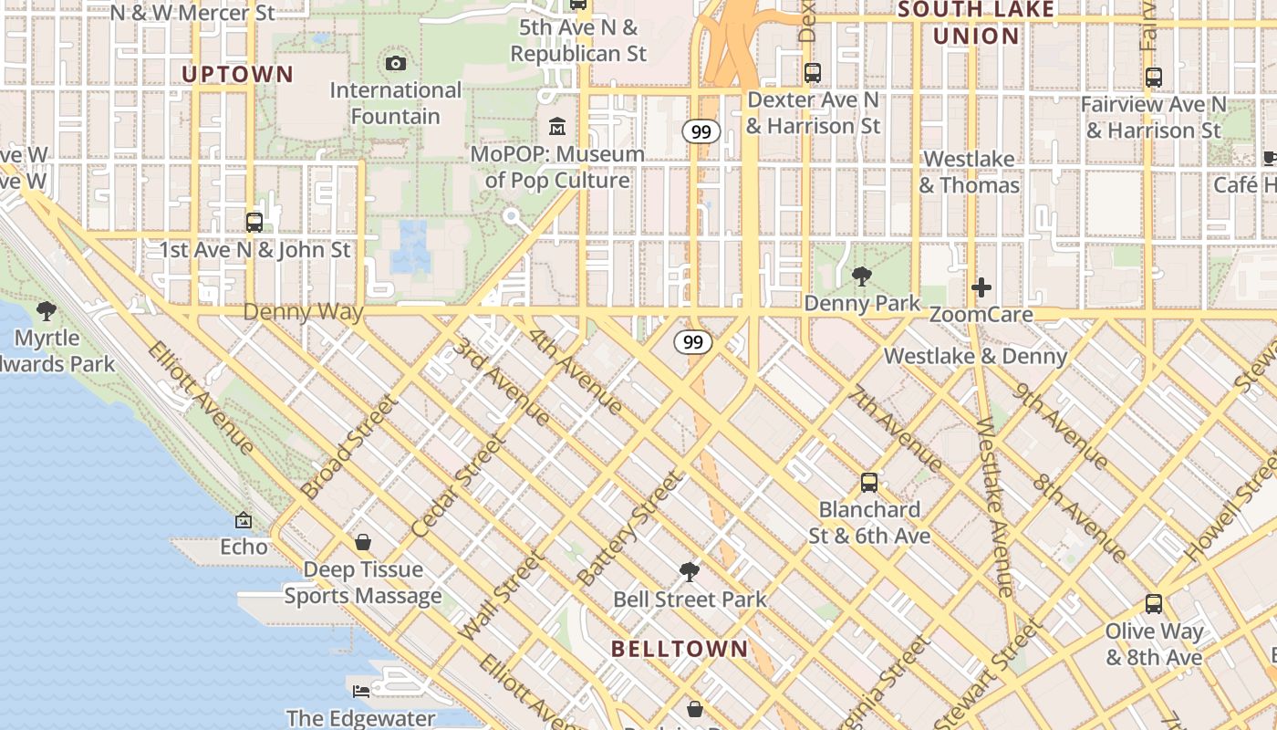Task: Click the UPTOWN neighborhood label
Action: coord(237,75)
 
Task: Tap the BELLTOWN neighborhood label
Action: coord(680,649)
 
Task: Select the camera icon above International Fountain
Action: coord(395,63)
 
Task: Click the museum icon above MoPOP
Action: coord(557,126)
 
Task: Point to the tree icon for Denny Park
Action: coord(861,276)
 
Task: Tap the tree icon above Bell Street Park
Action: coord(690,572)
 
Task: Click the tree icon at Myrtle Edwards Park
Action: coord(47,311)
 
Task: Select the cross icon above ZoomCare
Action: coord(981,288)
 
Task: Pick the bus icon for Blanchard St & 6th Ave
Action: coord(869,483)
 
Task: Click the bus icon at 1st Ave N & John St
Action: coord(254,222)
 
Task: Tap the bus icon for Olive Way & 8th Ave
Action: coord(1154,604)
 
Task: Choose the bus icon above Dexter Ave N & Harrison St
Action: coord(813,73)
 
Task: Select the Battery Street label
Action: coord(630,528)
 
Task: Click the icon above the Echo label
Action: coord(244,520)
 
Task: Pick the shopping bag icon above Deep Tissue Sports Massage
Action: coord(363,543)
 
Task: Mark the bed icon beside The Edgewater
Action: coord(361,691)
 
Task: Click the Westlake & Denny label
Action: coord(975,356)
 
